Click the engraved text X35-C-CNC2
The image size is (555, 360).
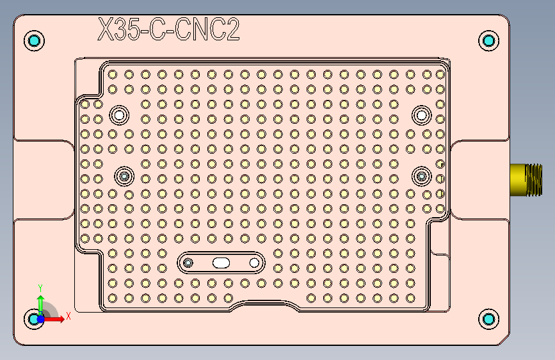click(x=168, y=30)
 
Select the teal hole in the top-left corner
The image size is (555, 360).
click(x=34, y=41)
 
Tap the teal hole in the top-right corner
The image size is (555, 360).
click(x=489, y=41)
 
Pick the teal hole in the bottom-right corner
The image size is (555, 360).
click(x=489, y=318)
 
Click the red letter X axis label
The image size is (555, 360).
click(x=68, y=316)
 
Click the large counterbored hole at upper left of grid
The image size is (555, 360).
click(x=118, y=115)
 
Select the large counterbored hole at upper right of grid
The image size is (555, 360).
click(x=421, y=115)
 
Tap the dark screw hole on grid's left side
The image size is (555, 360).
click(x=124, y=176)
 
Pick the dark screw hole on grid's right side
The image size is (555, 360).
click(x=422, y=176)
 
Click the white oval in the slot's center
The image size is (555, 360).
click(x=221, y=263)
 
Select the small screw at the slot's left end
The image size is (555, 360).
click(x=188, y=263)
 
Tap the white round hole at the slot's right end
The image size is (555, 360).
click(x=254, y=263)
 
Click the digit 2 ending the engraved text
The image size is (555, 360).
click(x=232, y=30)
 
